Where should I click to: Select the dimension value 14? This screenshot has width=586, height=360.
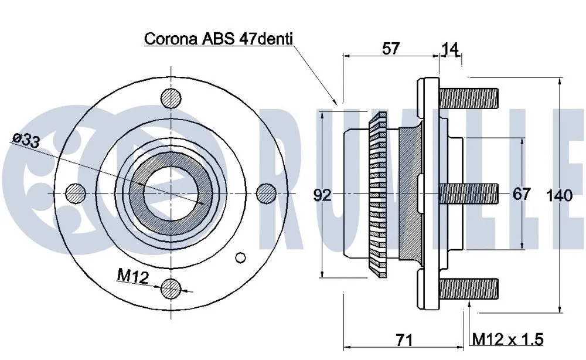coord(450,49)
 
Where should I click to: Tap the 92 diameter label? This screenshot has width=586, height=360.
coord(322,195)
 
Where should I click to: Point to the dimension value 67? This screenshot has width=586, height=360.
coord(521,194)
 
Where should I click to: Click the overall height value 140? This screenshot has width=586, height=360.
coord(560,196)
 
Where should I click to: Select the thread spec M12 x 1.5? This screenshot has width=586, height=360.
coord(508,339)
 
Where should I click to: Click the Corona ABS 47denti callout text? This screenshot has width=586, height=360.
coord(219,39)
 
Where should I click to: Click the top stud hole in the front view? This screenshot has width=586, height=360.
coord(171,97)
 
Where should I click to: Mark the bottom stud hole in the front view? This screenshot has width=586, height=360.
coord(171,287)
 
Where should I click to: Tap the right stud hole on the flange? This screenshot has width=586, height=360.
coord(266,192)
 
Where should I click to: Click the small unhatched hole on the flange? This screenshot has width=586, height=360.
coord(240,257)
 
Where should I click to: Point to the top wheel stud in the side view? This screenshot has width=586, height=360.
coord(468,97)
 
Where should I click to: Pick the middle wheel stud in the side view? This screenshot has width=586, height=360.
coord(468,192)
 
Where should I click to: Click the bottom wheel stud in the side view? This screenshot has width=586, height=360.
coord(468,288)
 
